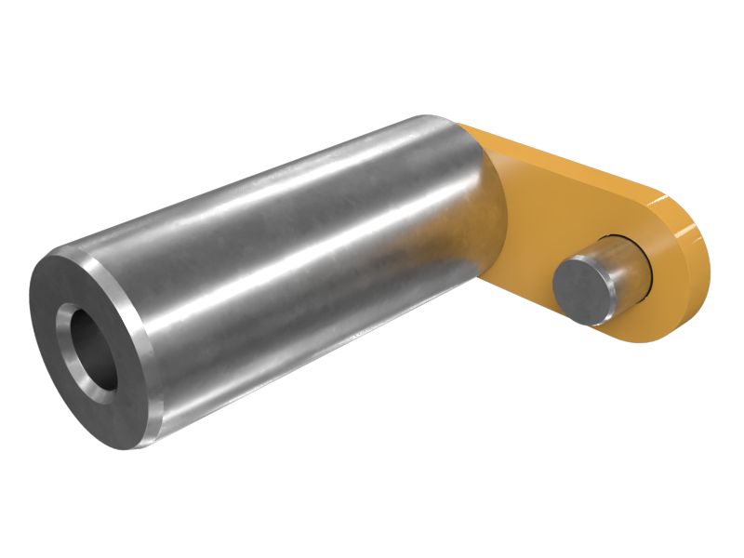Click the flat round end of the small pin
(581, 291)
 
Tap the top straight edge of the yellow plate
(558, 158)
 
